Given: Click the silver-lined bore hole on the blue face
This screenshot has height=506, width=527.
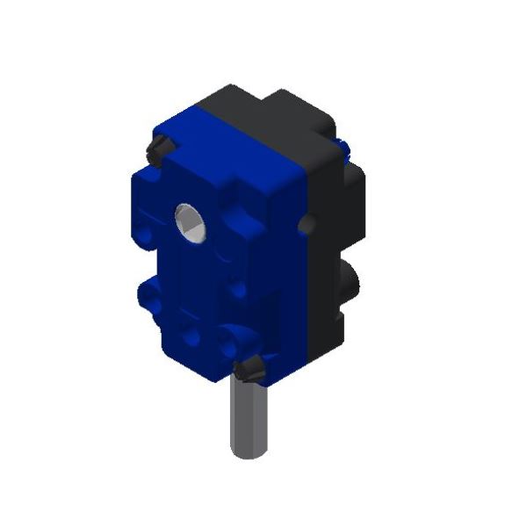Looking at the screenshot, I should (190, 221).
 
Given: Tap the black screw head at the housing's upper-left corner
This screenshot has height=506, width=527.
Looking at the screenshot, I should (157, 148).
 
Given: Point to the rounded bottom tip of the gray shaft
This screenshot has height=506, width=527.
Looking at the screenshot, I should (249, 452).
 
